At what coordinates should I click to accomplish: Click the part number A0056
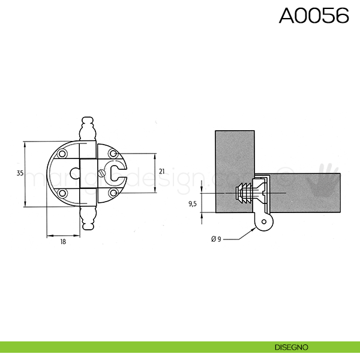pos(314,16)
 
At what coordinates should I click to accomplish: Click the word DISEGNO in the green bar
pos(292,347)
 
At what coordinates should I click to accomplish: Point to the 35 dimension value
pos(19,173)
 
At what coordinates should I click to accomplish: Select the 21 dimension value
pos(161,172)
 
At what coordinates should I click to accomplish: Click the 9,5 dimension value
pos(193,204)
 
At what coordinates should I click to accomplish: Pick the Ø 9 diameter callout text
pos(216,239)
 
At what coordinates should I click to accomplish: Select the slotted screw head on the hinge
pos(101,175)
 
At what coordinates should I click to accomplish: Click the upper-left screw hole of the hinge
pos(62,154)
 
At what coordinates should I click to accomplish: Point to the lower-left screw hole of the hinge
pos(62,193)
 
